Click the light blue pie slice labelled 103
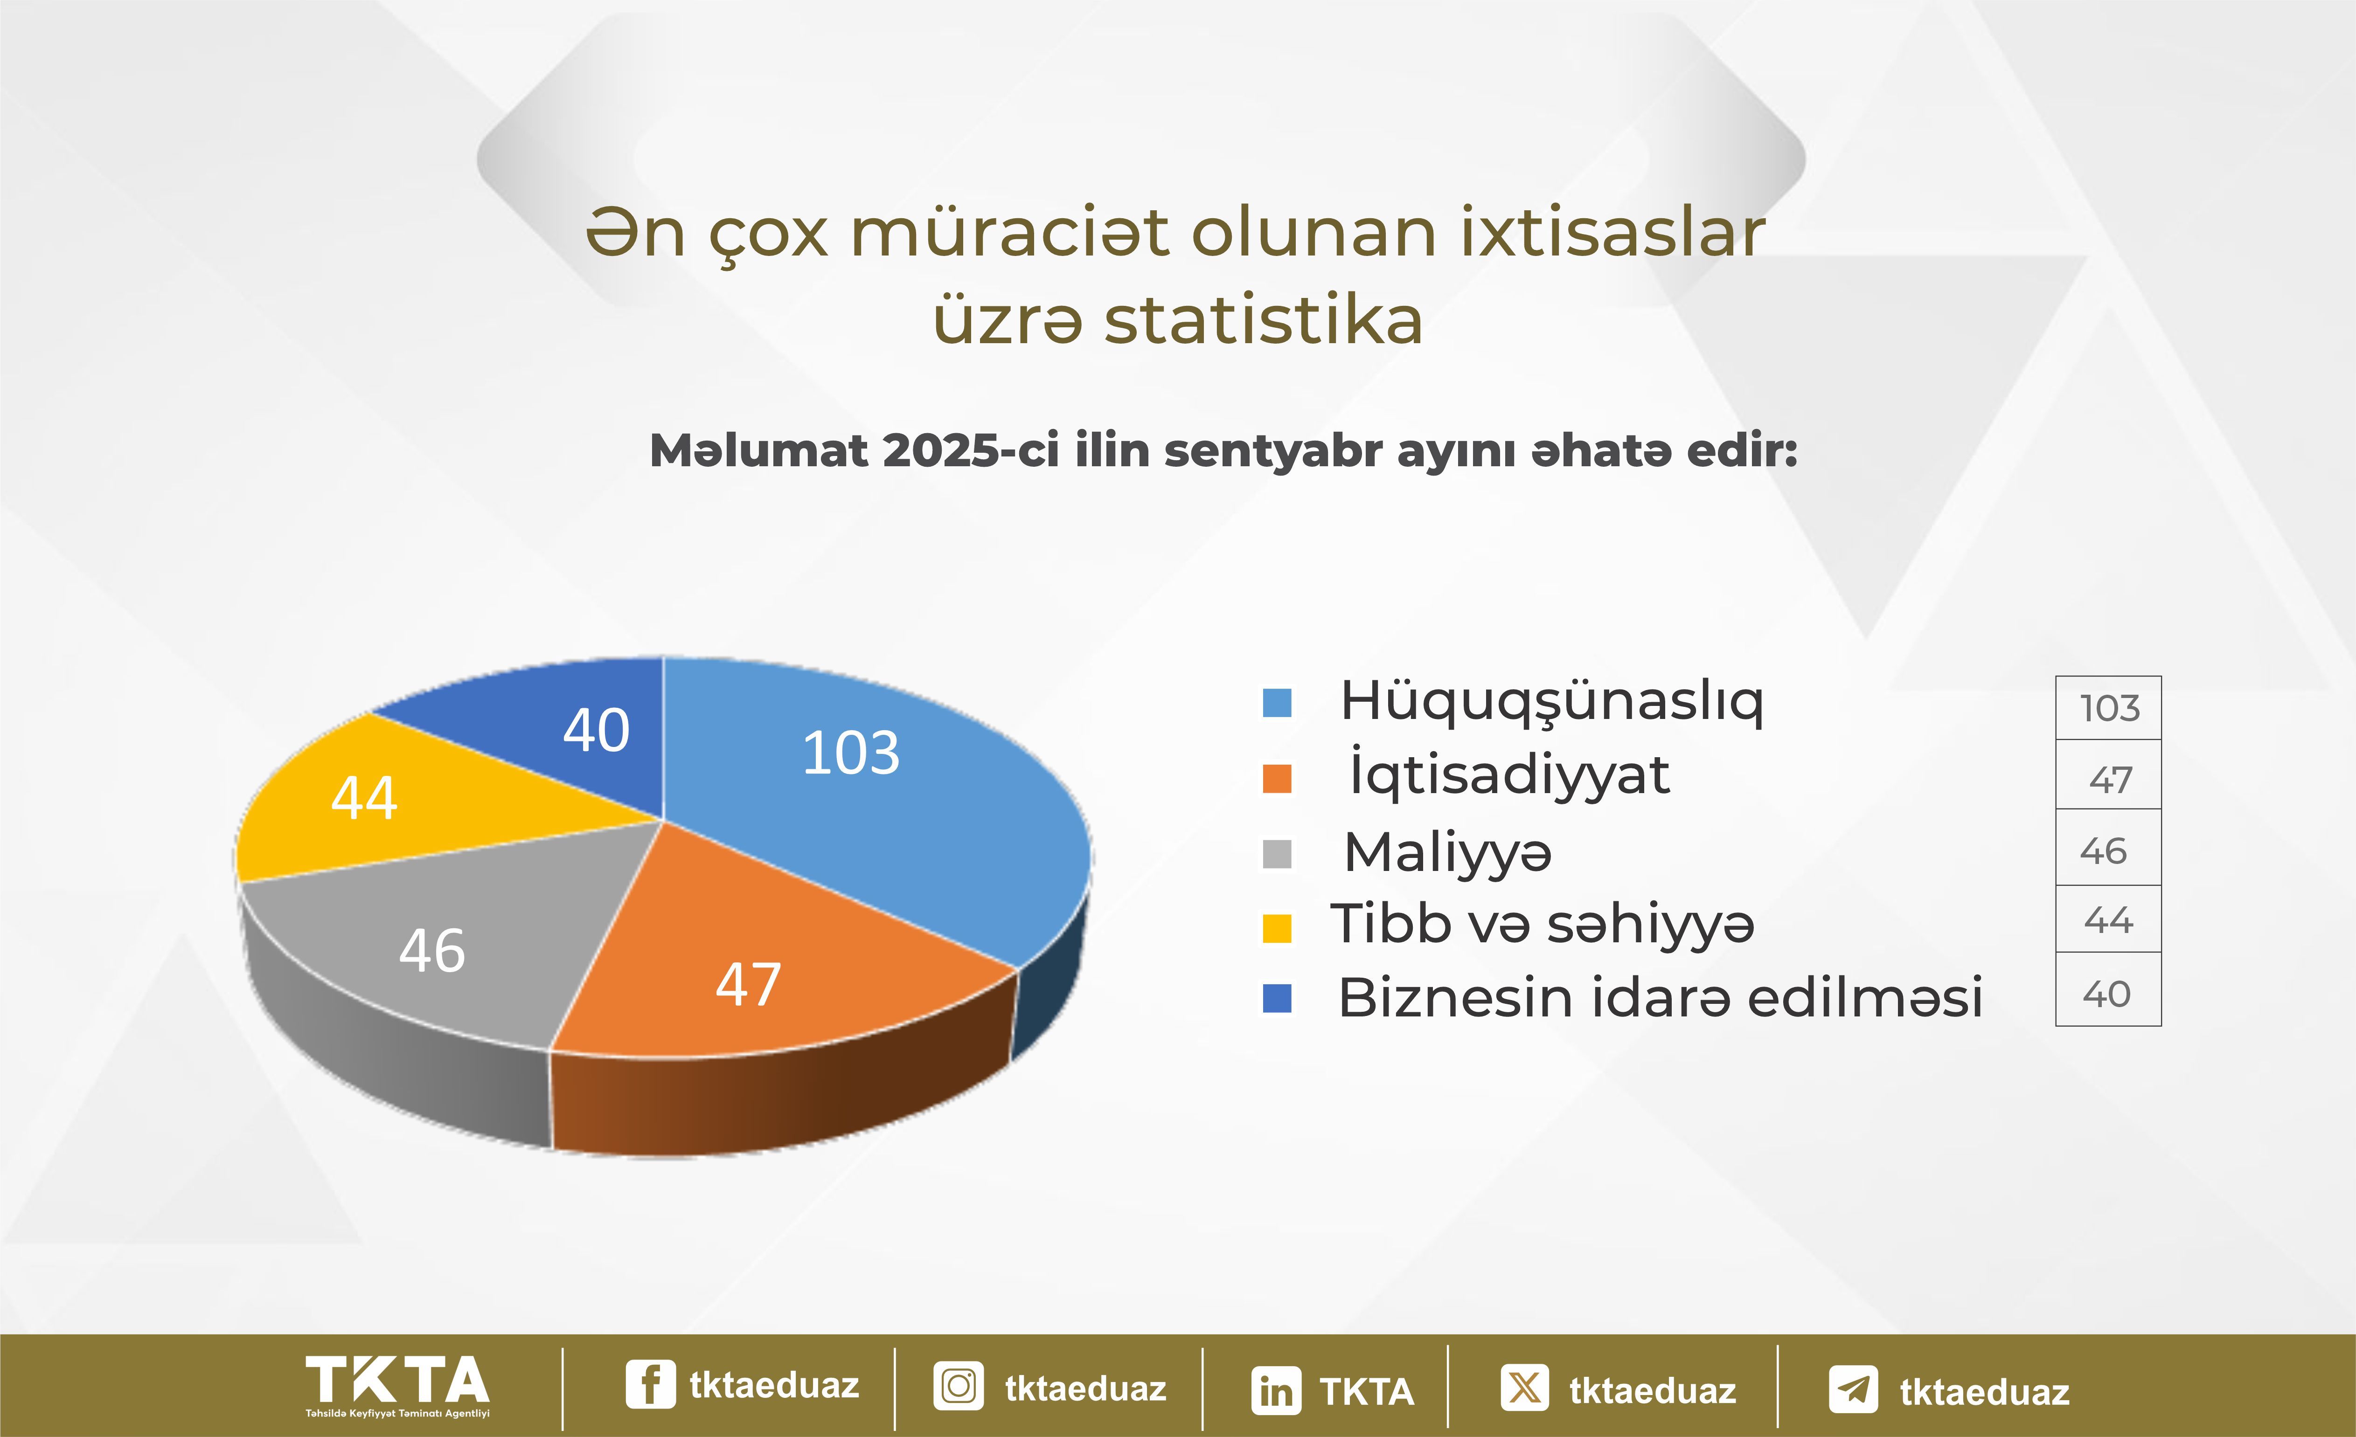click(880, 803)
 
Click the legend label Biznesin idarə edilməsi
click(1660, 997)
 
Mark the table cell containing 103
click(2108, 707)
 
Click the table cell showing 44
click(2108, 920)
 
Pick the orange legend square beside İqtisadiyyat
click(1278, 778)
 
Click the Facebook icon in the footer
click(650, 1384)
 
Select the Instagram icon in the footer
click(958, 1386)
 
